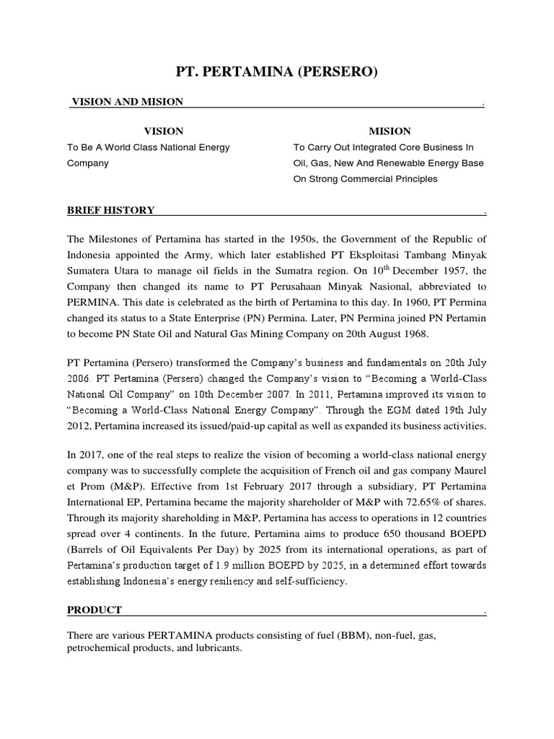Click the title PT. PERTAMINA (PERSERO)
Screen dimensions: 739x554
click(x=277, y=71)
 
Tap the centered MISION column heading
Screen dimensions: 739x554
click(x=390, y=131)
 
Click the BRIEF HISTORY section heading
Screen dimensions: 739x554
click(x=111, y=210)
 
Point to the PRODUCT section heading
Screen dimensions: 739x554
click(x=94, y=610)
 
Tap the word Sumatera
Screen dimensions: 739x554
click(x=89, y=271)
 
